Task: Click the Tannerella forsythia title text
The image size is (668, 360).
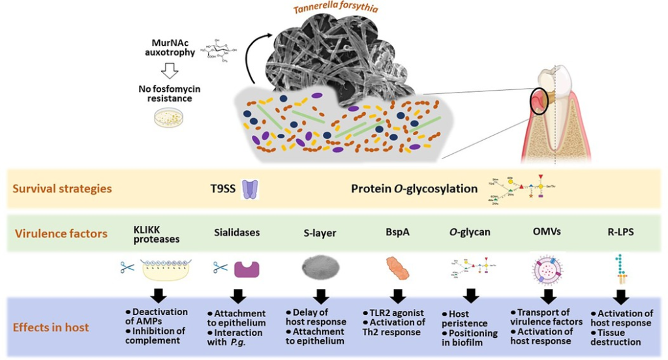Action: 354,8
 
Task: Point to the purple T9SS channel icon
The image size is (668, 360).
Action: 250,189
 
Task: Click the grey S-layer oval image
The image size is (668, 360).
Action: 320,267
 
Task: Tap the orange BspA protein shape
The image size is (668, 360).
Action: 397,268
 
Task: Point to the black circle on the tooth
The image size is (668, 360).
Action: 541,99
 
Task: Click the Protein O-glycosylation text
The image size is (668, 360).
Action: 414,189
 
